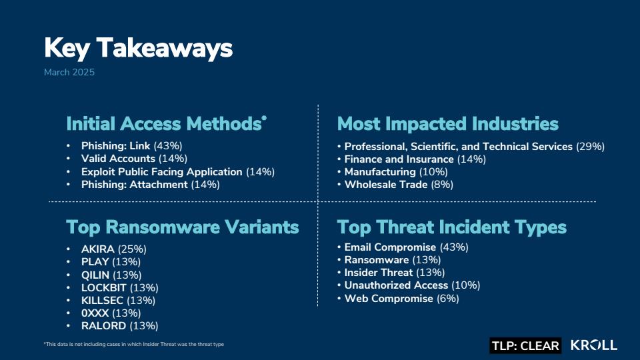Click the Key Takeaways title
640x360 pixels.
[139, 48]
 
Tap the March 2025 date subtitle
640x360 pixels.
[69, 72]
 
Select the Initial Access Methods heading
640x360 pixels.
[166, 124]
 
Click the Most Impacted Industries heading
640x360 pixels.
[448, 124]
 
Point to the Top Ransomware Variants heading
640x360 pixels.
[183, 227]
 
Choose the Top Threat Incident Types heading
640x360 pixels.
[452, 227]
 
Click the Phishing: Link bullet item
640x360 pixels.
[131, 146]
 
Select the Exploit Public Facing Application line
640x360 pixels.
[178, 172]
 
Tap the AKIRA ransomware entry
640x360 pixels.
[113, 249]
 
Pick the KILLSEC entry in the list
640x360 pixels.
[118, 301]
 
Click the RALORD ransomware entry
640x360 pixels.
[119, 326]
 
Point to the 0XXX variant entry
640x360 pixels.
[111, 313]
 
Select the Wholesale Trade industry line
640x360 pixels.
[399, 185]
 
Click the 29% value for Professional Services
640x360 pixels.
[590, 147]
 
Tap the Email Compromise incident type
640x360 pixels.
[406, 247]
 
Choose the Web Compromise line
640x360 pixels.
[401, 299]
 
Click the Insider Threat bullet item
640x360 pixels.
[394, 272]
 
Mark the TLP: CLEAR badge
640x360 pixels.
[525, 346]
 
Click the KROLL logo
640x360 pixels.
[594, 345]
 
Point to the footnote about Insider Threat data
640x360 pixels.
[134, 344]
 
